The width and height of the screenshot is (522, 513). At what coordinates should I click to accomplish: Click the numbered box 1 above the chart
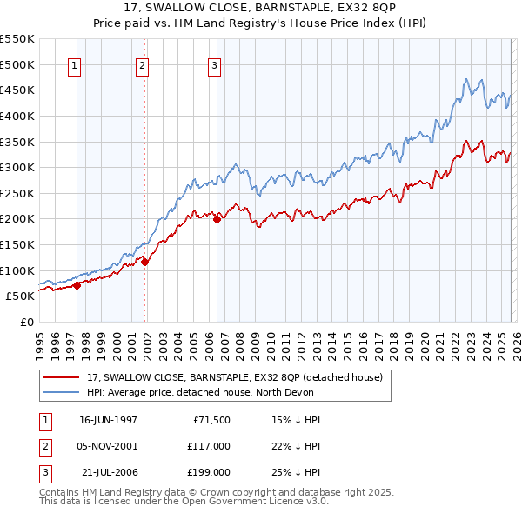click(74, 64)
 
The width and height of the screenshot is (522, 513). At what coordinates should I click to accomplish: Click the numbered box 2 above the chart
click(142, 64)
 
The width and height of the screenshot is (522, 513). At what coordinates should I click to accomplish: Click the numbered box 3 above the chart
click(214, 64)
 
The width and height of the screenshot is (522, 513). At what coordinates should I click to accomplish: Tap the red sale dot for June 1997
click(77, 284)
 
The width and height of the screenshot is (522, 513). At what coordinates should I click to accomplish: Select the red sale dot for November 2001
click(145, 261)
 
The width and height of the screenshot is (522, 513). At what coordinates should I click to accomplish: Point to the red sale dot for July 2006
click(217, 219)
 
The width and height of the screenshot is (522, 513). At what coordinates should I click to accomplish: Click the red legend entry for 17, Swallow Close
click(235, 378)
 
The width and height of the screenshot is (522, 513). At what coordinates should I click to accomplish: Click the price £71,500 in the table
click(211, 419)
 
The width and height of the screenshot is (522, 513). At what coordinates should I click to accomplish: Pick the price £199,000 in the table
click(208, 472)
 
